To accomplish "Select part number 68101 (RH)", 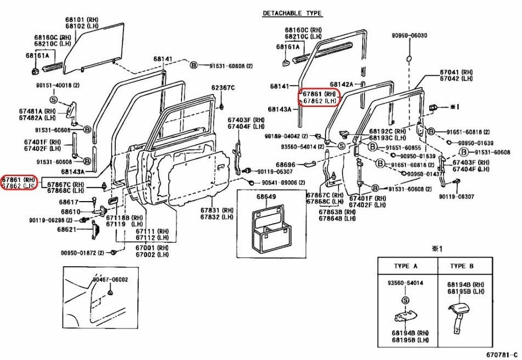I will click(x=81, y=20).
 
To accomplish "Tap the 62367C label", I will click(x=223, y=88).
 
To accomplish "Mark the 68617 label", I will click(x=69, y=202).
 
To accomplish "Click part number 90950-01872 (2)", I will click(x=83, y=253).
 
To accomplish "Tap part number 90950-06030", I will click(x=409, y=36).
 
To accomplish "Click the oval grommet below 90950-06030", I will click(x=409, y=57).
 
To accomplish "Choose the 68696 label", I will click(x=285, y=164).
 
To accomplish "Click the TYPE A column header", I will click(x=406, y=266).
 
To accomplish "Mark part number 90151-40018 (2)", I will click(x=58, y=85).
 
